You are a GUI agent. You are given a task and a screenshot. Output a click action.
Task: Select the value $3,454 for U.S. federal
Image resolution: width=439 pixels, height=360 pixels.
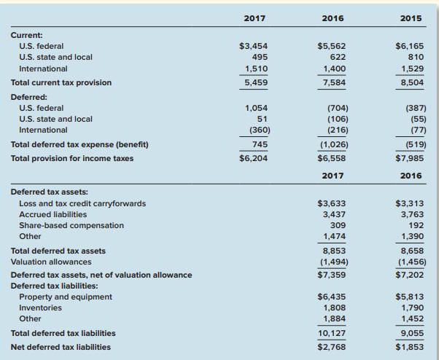tap(253, 46)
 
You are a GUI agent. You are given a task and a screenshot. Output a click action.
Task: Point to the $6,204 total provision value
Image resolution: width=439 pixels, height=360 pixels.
tap(253, 157)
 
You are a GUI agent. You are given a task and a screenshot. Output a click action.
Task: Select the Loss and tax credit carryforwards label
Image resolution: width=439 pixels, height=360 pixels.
tap(82, 203)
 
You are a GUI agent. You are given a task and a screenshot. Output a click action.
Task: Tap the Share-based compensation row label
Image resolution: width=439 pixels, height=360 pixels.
tap(71, 225)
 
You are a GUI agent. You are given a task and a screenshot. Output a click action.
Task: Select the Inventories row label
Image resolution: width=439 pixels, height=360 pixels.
tap(41, 308)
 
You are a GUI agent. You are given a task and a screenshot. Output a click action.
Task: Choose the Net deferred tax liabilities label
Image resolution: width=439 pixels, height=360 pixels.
tap(61, 346)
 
